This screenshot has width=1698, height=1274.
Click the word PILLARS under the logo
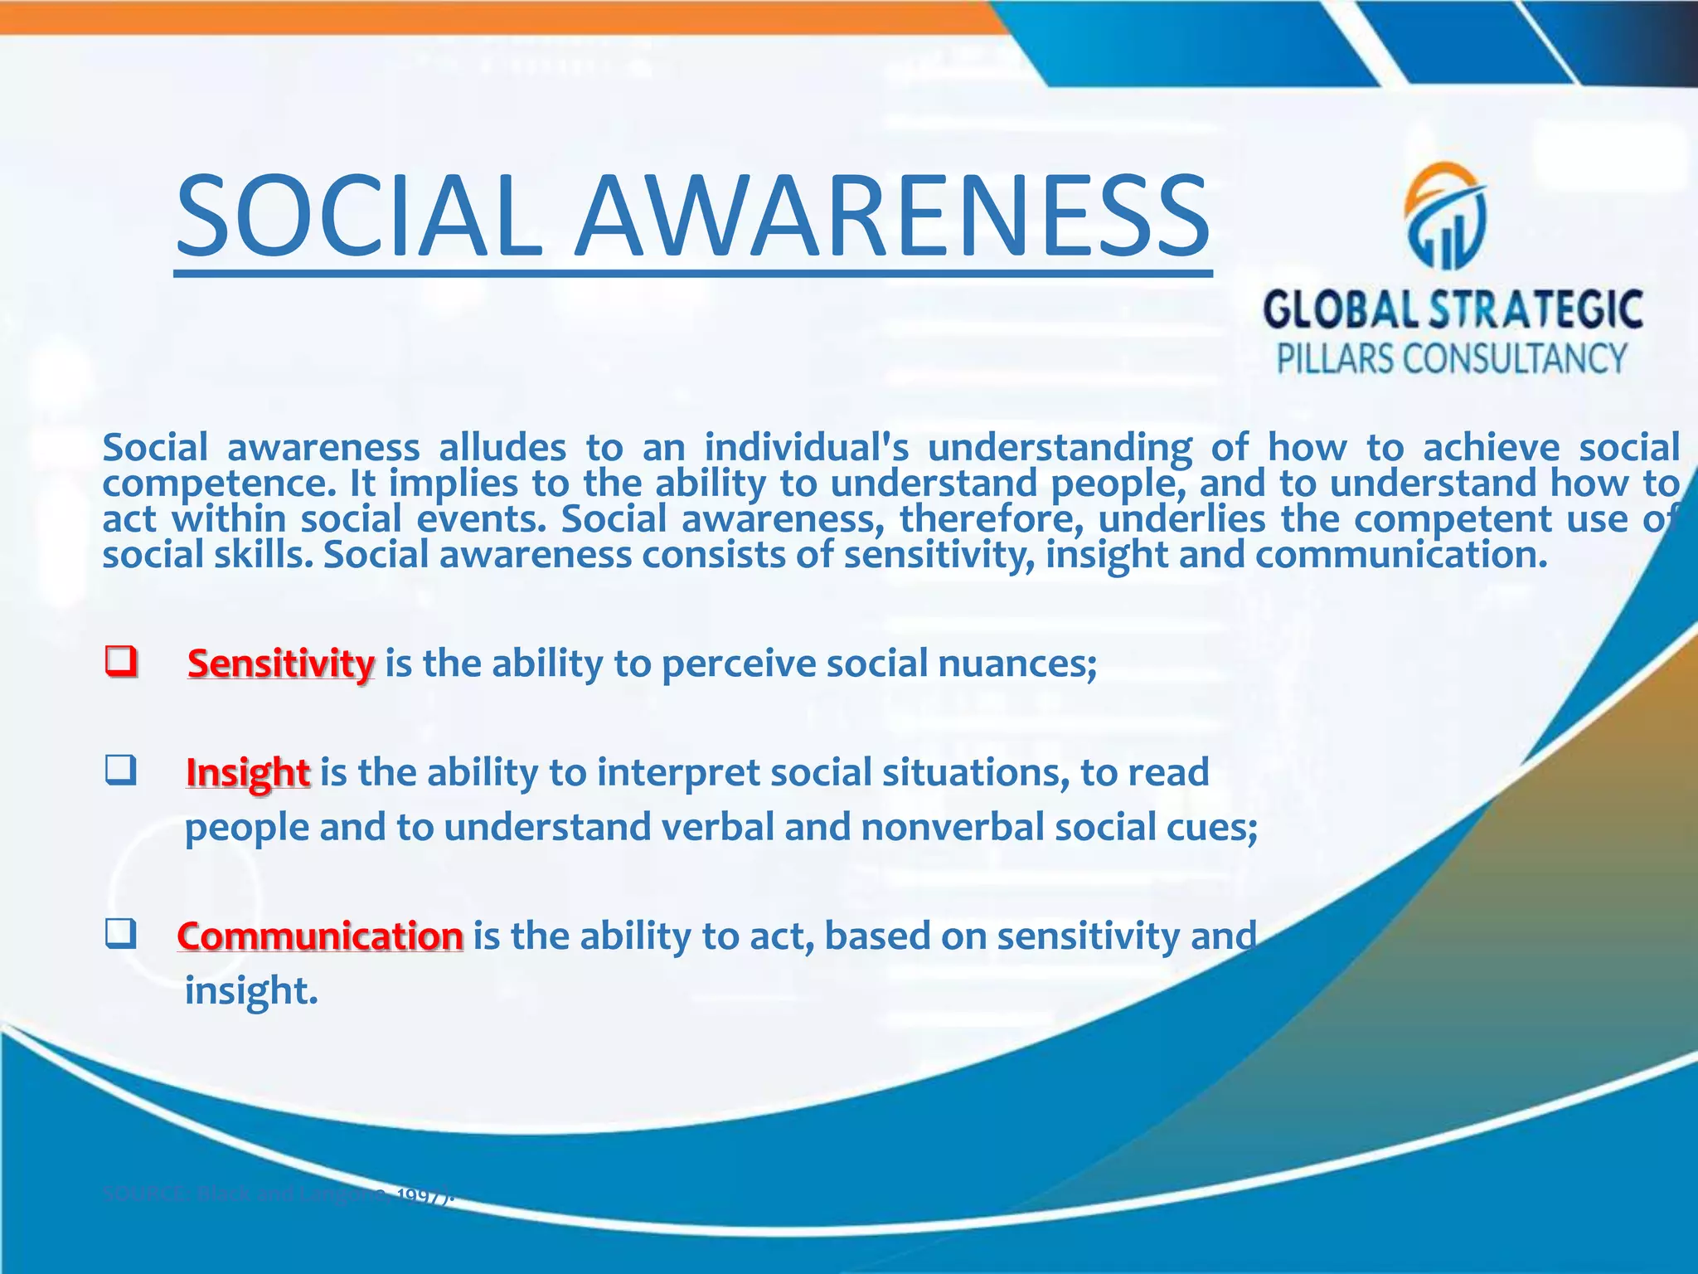click(x=1333, y=359)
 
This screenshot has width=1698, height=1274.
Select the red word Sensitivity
click(x=280, y=664)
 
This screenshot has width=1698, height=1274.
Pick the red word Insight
click(x=248, y=772)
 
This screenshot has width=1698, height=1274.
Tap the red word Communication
click(x=319, y=936)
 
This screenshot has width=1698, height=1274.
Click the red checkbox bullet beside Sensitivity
click(x=120, y=662)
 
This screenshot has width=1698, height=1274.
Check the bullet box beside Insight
click(x=120, y=771)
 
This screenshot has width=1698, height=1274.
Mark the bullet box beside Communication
click(x=120, y=936)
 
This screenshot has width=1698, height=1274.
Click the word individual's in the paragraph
click(x=807, y=448)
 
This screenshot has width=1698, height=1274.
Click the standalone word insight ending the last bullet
click(x=250, y=990)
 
